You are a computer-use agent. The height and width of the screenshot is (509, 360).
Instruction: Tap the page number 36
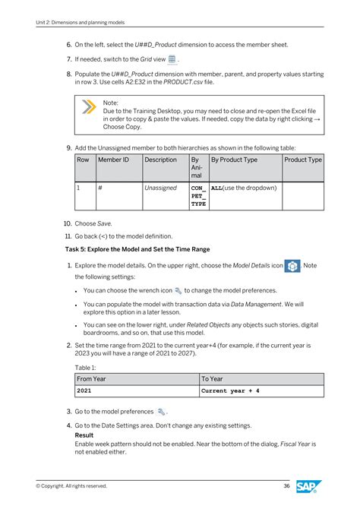pos(286,486)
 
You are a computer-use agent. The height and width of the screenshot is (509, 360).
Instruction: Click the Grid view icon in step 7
pos(172,58)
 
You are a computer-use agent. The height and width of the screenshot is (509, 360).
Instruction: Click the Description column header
pos(159,160)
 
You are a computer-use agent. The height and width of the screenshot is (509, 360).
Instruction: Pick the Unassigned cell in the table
pos(160,187)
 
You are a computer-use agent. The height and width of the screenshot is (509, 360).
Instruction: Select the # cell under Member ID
pos(100,187)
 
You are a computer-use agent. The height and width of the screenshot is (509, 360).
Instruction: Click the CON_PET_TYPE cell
pos(197,195)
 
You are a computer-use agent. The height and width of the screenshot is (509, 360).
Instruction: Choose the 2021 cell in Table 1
pos(85,391)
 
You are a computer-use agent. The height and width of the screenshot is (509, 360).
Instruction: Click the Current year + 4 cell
pos(230,391)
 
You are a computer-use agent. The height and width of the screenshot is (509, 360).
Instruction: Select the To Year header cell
pos(212,379)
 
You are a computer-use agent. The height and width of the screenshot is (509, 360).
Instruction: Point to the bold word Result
pos(84,435)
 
